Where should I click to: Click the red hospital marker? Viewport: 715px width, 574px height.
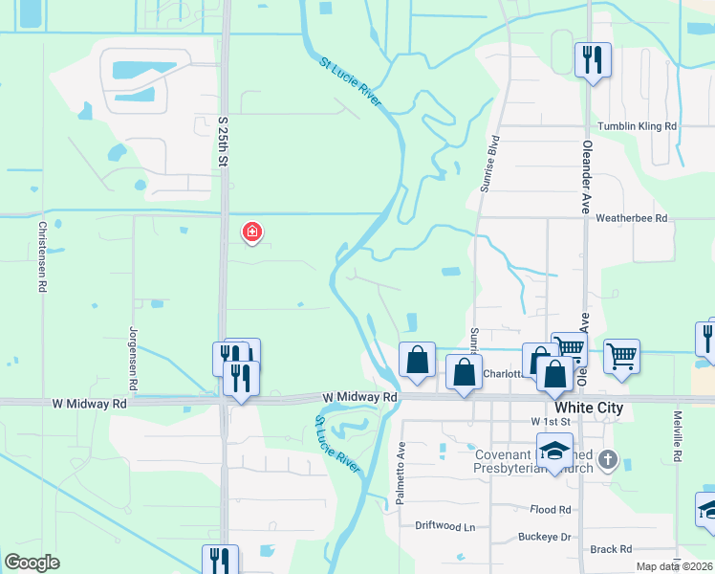(252, 232)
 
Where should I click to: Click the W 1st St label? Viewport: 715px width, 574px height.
(550, 421)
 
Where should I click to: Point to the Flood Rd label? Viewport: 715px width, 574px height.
(551, 510)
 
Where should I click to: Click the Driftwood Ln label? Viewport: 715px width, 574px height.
(444, 527)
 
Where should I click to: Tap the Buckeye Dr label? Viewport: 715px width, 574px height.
(544, 537)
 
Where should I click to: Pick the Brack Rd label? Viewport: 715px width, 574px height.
(611, 549)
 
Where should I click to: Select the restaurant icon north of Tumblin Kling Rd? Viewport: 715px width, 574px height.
(593, 60)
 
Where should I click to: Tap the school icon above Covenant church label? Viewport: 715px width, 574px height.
(554, 449)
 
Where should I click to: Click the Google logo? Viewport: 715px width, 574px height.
(32, 563)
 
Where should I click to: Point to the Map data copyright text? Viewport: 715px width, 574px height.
(675, 566)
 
